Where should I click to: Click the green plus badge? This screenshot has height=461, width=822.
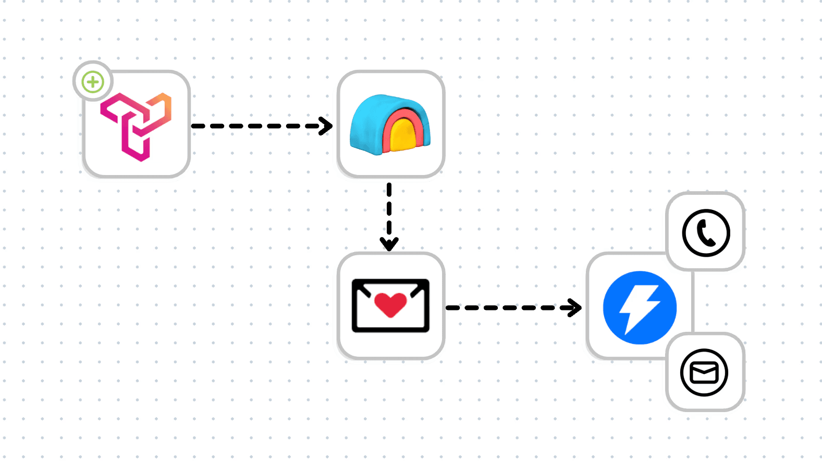[93, 82]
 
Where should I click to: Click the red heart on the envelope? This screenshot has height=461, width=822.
[390, 304]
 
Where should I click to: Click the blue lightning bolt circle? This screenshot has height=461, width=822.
[640, 307]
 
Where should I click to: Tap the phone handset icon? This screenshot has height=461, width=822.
[706, 233]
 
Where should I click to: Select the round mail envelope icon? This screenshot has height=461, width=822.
[704, 372]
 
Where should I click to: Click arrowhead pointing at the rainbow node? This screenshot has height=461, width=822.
[327, 126]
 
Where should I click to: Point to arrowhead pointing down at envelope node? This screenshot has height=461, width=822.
[389, 244]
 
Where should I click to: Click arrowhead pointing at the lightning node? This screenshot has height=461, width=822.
[576, 307]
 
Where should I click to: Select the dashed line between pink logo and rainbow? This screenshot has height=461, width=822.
[255, 126]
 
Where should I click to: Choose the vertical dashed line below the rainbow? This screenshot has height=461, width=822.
[389, 208]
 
